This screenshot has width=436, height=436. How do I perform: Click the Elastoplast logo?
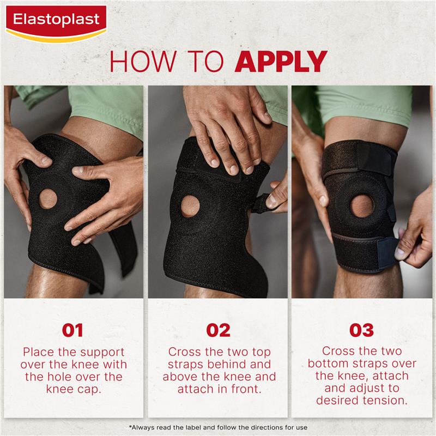point(57,20)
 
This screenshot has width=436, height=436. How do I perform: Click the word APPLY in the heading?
point(281,62)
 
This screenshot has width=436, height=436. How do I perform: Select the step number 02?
point(218,330)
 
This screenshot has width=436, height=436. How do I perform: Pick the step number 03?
point(362,330)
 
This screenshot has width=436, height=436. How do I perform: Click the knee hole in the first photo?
point(44,203)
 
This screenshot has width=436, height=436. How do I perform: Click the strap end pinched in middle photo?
point(271,200)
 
